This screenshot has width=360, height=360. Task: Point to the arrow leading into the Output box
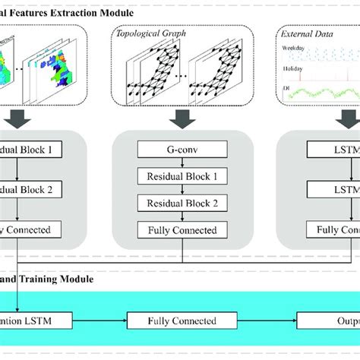258,322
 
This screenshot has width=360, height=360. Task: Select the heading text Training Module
57,279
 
